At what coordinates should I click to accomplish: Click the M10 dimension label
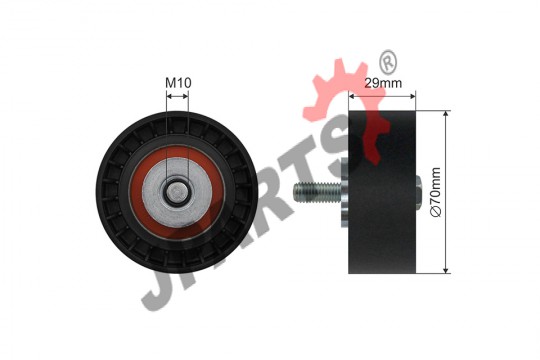tap(178, 83)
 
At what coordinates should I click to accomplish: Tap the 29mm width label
tap(383, 83)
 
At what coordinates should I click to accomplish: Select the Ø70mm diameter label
tap(435, 192)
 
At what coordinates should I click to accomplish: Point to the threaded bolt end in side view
tap(317, 193)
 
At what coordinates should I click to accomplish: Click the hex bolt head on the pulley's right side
tap(418, 193)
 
